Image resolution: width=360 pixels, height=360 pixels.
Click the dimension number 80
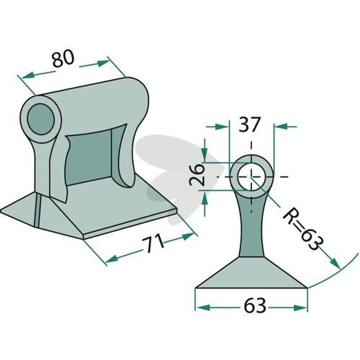tap(63, 59)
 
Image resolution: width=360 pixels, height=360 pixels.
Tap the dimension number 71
tap(153, 243)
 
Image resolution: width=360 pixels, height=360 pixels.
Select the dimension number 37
tap(250, 125)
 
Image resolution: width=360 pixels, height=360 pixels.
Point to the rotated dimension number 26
tap(197, 175)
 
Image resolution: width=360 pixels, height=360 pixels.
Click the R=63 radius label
tap(304, 229)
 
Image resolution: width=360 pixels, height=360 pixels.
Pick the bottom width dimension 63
tap(255, 305)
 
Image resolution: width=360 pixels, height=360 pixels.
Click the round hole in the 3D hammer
tap(41, 120)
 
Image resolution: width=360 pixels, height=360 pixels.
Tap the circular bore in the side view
tap(251, 176)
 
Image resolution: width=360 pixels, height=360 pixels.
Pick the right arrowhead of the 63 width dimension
tap(300, 307)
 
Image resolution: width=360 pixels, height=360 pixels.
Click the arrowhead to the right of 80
tap(103, 63)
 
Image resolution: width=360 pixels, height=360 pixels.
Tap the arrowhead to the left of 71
tap(112, 259)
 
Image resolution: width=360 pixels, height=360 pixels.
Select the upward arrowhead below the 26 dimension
tap(204, 199)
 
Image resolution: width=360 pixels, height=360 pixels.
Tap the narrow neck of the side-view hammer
tap(251, 230)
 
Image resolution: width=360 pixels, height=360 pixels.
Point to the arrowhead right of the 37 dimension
tap(281, 126)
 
